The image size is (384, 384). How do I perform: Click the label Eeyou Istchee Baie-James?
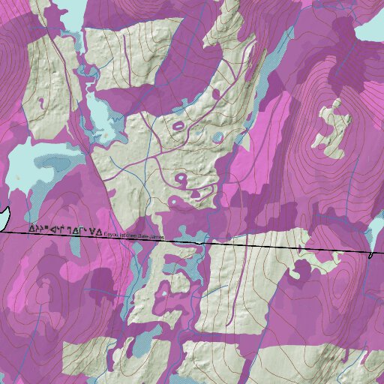[135, 235]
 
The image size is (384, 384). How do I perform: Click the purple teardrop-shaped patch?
[196, 193]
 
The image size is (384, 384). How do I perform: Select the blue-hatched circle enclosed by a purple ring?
[217, 137]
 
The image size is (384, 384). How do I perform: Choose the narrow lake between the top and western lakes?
[101, 112]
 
